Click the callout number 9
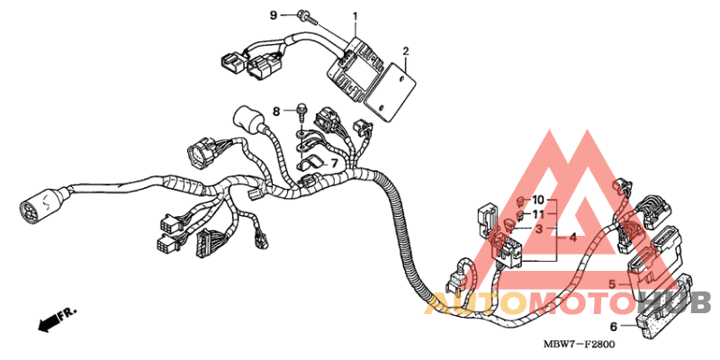[274, 15]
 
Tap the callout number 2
[406, 50]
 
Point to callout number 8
[278, 109]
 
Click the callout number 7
[333, 163]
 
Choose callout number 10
[538, 199]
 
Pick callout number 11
[538, 214]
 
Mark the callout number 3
[538, 229]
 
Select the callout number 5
[612, 285]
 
